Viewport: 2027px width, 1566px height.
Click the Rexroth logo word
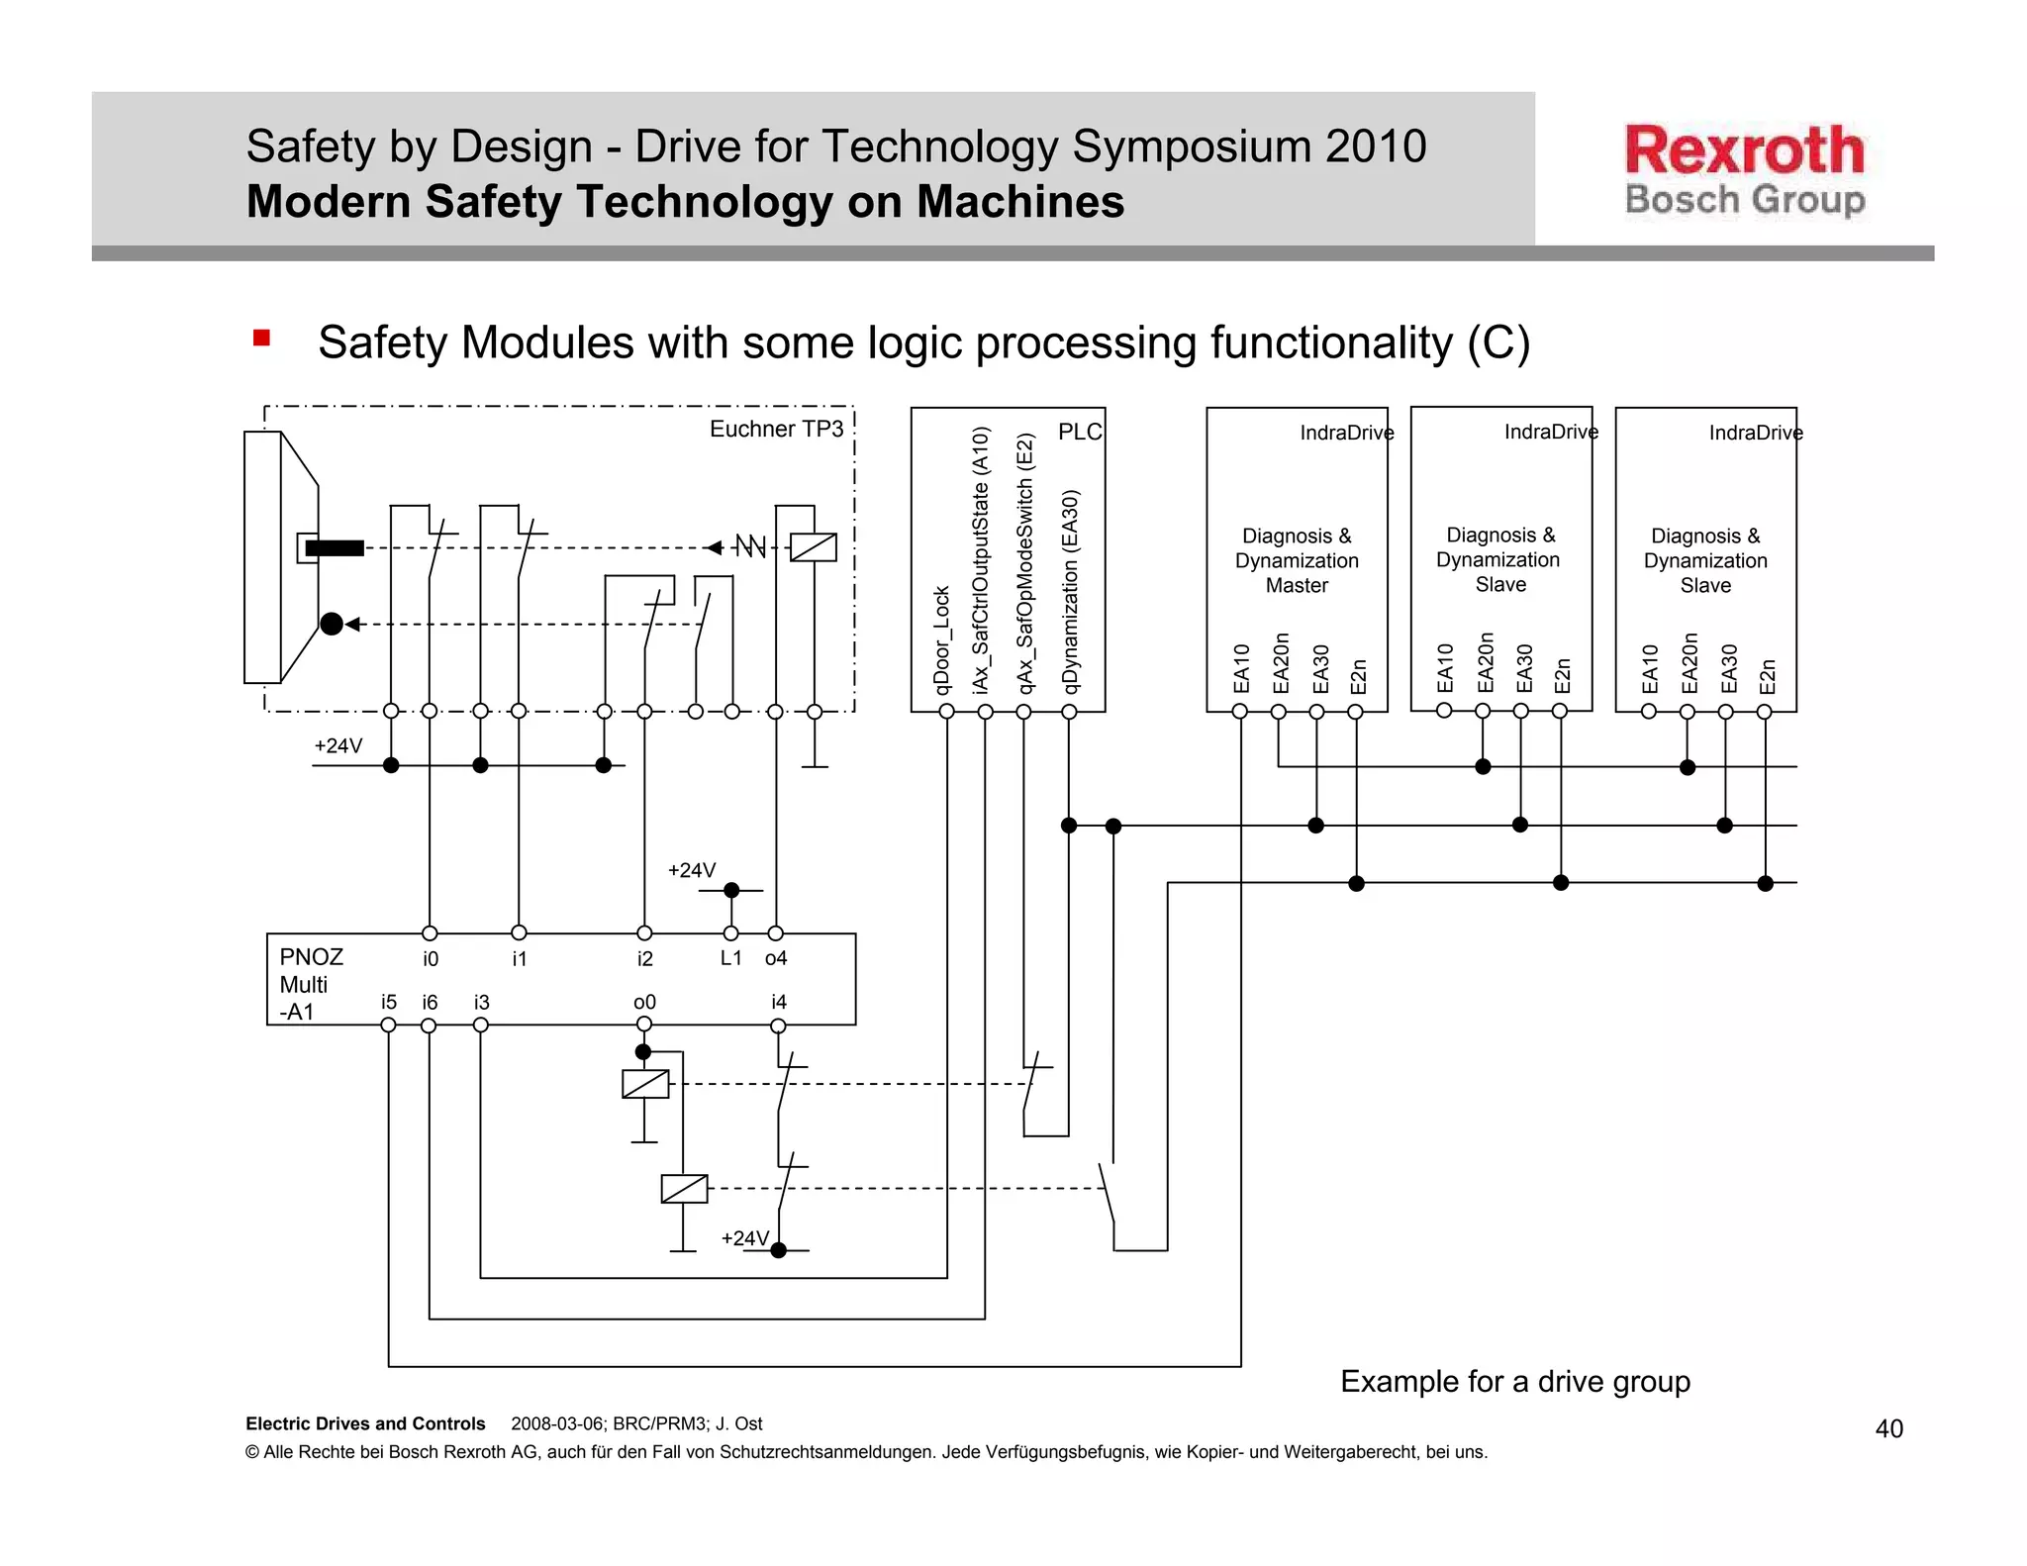(1744, 150)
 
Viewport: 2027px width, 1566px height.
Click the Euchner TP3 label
(776, 429)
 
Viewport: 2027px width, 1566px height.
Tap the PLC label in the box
(1079, 432)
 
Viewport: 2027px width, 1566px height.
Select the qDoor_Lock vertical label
(941, 639)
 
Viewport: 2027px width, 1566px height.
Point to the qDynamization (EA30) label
(1070, 592)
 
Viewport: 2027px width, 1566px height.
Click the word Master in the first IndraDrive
(1297, 585)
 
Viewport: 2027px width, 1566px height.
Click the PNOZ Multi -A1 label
(310, 984)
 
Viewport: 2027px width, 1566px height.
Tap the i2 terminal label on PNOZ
(645, 958)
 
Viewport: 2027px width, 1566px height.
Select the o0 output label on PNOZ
(644, 1002)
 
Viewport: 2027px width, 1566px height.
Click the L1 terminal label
(730, 957)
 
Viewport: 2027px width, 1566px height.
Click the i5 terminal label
(389, 1002)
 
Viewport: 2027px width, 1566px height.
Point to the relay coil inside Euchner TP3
(814, 547)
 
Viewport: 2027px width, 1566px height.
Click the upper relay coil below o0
(645, 1084)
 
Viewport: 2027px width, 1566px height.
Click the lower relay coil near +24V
(684, 1188)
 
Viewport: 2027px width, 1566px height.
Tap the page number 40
(1888, 1428)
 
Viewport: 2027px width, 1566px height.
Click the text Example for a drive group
(1514, 1381)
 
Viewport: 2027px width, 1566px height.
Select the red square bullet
(261, 339)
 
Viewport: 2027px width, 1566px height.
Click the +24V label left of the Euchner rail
(338, 745)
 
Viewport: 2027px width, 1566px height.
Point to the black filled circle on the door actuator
(332, 624)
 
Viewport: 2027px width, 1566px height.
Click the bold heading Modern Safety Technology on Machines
(685, 202)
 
